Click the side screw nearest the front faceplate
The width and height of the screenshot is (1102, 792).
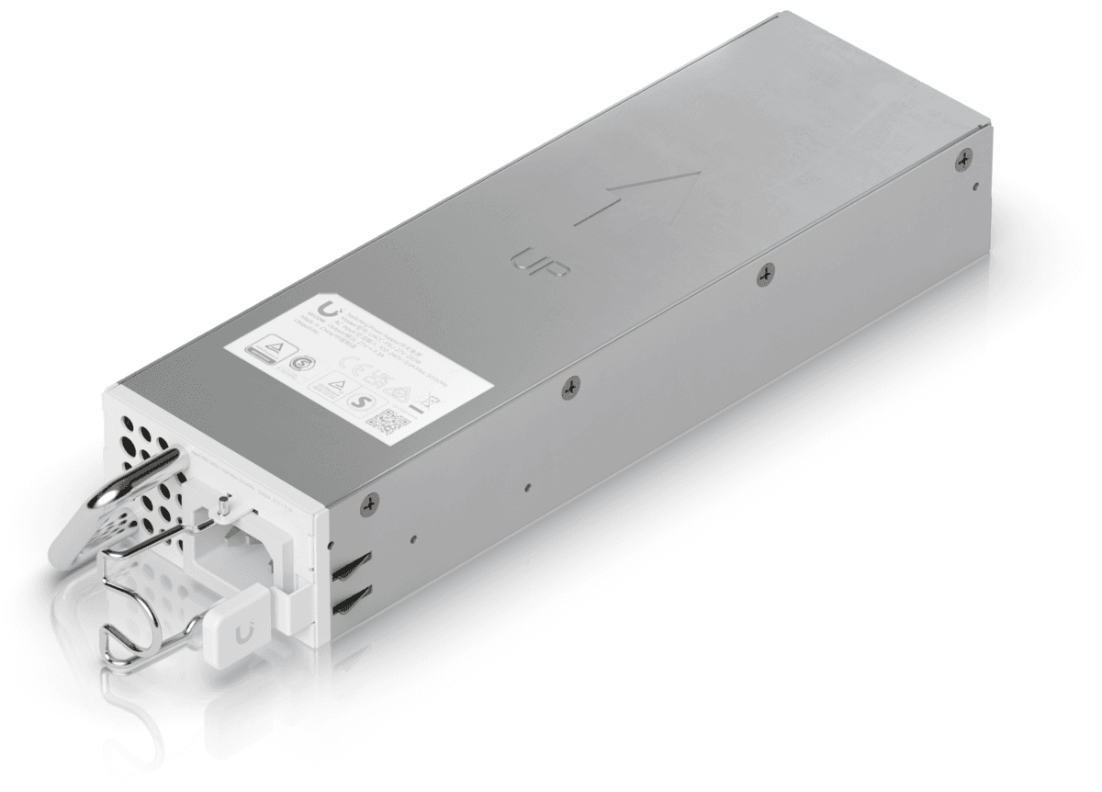point(369,502)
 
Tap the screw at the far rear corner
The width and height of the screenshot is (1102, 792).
point(962,159)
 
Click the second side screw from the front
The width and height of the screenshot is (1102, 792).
point(569,390)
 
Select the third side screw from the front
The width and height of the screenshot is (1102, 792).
point(766,272)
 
